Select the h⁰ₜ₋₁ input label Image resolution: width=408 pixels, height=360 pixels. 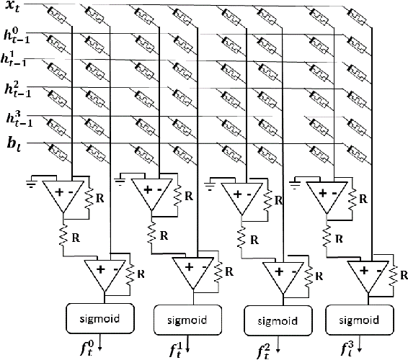coord(15,35)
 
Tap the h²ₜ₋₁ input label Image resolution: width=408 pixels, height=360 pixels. coord(15,89)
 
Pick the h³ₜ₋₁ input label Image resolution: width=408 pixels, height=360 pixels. coord(15,117)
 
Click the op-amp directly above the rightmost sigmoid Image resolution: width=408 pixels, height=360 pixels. coord(365,274)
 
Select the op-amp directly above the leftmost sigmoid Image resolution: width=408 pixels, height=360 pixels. coord(106,273)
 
